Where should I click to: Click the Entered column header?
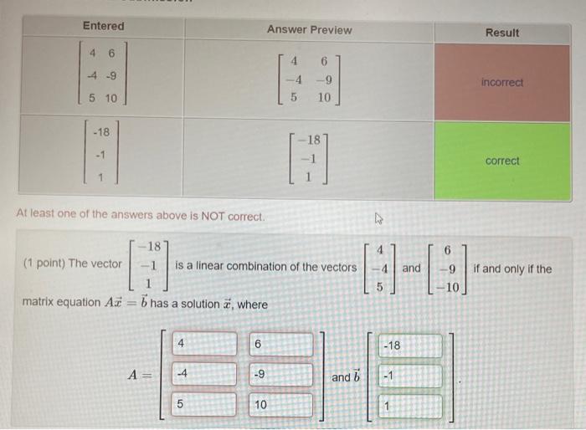tap(103, 26)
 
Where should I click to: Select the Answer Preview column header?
tap(309, 29)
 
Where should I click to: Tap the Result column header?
tap(502, 33)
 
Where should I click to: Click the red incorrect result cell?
tap(502, 82)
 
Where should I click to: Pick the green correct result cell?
tap(502, 161)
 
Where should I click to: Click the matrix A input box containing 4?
tap(204, 344)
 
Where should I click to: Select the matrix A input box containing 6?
tap(280, 344)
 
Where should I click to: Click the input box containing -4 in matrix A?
tap(204, 374)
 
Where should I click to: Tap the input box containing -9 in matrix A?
tap(280, 374)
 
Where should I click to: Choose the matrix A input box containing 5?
tap(204, 404)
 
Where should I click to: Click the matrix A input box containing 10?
tap(280, 404)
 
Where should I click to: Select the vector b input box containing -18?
tap(410, 346)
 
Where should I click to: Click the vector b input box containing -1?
tap(410, 376)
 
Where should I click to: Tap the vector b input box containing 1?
tap(410, 406)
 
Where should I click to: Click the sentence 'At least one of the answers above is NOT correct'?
tap(141, 215)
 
